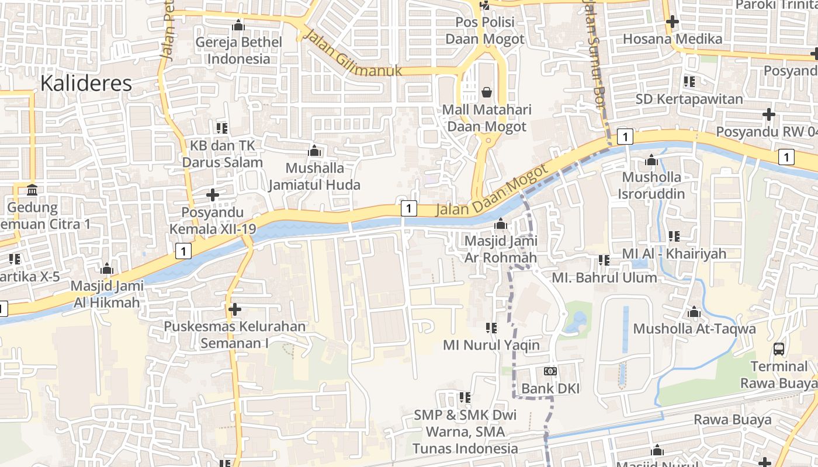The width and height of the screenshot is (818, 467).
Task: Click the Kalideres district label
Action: click(x=86, y=83)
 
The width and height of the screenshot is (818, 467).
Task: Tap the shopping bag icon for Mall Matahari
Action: click(x=486, y=92)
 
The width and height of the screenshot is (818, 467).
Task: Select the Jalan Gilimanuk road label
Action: click(x=353, y=54)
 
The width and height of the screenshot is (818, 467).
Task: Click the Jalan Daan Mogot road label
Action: click(x=492, y=193)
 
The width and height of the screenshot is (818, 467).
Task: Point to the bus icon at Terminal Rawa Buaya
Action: click(x=779, y=349)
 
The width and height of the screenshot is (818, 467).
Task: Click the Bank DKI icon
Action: click(x=550, y=371)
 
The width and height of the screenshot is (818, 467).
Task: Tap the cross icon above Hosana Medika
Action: click(x=673, y=22)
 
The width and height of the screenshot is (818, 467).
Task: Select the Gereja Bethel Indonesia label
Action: click(x=238, y=50)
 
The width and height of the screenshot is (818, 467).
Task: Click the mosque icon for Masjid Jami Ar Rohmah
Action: click(x=500, y=224)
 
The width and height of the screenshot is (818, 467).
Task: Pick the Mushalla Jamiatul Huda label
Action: click(x=314, y=176)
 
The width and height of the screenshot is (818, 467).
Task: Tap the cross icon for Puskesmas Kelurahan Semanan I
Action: click(x=235, y=309)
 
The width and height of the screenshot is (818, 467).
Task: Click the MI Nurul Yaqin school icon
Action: click(x=491, y=328)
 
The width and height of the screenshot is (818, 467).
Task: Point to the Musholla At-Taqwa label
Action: click(x=694, y=329)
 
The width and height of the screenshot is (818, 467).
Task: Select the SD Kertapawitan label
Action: click(x=689, y=99)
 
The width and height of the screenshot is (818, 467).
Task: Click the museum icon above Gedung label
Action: click(x=33, y=190)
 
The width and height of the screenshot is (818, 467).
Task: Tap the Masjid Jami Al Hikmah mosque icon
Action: click(x=106, y=269)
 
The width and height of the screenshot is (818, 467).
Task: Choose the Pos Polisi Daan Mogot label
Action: click(x=485, y=31)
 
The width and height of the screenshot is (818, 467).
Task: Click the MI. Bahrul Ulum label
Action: click(x=604, y=277)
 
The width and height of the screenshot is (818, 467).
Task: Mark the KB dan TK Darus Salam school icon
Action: click(x=222, y=128)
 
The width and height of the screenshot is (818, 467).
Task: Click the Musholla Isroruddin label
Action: click(x=651, y=184)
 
